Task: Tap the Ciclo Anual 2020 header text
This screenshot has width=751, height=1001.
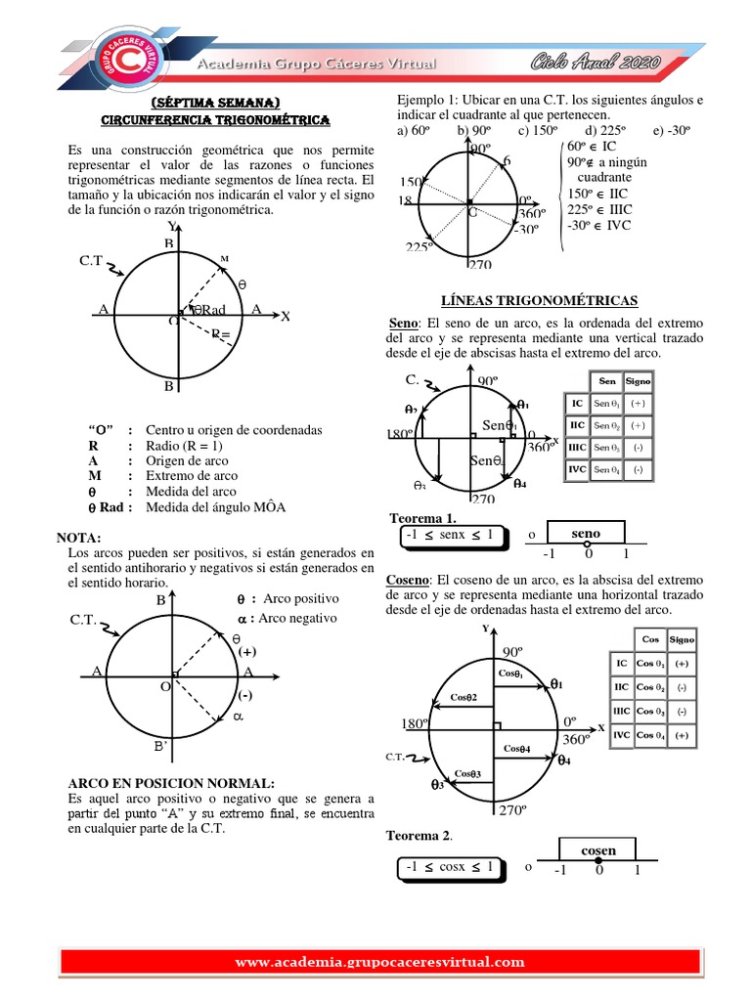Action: [x=596, y=64]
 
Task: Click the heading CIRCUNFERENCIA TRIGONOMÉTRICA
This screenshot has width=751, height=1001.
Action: [x=216, y=119]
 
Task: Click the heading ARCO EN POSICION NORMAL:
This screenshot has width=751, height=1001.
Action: [x=171, y=783]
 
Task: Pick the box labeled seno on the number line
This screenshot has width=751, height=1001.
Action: [x=586, y=533]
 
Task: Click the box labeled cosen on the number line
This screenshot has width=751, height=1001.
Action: [x=598, y=850]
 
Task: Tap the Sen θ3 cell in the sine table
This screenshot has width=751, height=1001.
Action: [x=608, y=448]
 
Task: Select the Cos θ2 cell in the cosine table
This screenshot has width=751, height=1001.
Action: [x=650, y=687]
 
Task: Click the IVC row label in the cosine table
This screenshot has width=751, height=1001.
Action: [x=621, y=735]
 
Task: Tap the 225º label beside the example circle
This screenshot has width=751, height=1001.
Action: [x=419, y=247]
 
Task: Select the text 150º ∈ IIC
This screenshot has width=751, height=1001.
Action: [x=599, y=194]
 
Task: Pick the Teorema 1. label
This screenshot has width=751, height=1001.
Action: [x=423, y=517]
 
